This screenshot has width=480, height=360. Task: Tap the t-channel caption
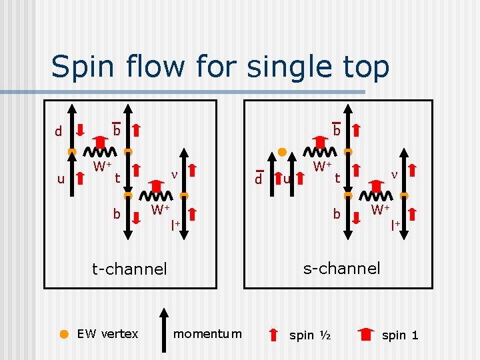[129, 269]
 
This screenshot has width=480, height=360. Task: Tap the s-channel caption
[341, 268]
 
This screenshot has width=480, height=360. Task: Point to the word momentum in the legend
[207, 333]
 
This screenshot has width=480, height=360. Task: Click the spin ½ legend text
[310, 335]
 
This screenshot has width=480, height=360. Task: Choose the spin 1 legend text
[400, 335]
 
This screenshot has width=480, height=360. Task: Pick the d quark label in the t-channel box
[58, 131]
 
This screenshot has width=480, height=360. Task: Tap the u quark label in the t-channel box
[61, 179]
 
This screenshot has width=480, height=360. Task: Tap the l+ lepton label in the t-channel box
[176, 224]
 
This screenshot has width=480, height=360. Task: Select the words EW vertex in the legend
[108, 333]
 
